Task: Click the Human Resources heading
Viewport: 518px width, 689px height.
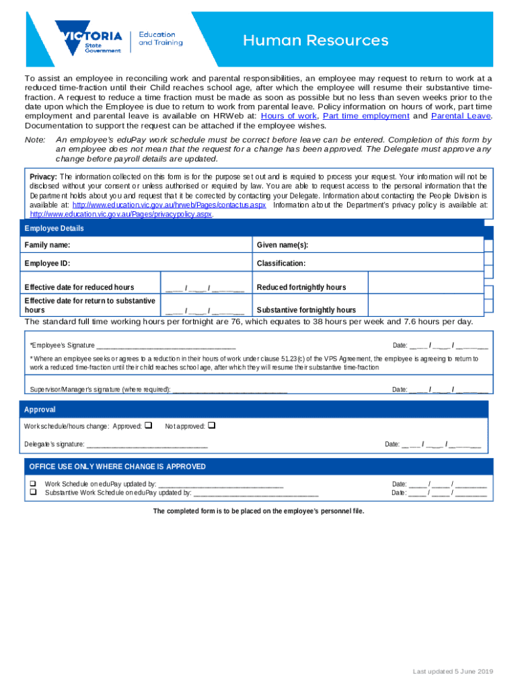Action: (316, 41)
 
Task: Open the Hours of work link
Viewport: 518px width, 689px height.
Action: (288, 116)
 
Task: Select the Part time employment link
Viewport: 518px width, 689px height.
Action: (366, 116)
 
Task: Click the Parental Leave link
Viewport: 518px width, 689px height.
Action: (461, 116)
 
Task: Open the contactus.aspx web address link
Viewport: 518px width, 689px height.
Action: (169, 205)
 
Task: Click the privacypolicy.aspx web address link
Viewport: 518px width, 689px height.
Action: (121, 214)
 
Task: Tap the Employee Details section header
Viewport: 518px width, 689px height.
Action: (54, 229)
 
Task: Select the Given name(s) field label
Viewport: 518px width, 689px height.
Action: (282, 245)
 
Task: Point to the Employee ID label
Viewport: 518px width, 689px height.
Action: (47, 263)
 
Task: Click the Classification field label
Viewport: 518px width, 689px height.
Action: (281, 263)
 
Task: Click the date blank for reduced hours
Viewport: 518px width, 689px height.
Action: (205, 288)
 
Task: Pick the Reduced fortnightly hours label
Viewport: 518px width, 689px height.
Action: (301, 287)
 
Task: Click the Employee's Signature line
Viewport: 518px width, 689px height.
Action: (165, 346)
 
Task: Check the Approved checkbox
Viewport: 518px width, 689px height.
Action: (149, 425)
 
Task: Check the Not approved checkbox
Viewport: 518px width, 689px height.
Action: (211, 425)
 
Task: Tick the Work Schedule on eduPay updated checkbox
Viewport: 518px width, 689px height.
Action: (31, 484)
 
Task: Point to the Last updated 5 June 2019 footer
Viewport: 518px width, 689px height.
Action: (453, 672)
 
